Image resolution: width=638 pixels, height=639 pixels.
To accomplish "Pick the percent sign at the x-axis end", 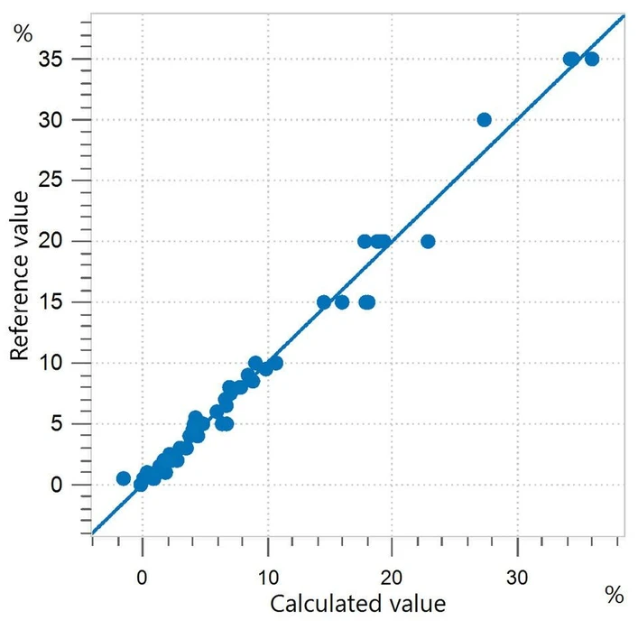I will [614, 595].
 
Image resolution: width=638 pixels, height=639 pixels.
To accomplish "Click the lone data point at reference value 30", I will [484, 119].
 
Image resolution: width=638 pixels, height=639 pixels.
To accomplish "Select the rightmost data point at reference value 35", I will [592, 59].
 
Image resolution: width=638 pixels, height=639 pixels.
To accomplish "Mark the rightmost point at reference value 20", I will [428, 241].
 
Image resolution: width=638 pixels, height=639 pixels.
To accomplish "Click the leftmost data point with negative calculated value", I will [124, 478].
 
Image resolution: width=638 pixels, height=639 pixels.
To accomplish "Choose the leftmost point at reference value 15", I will [324, 301].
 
